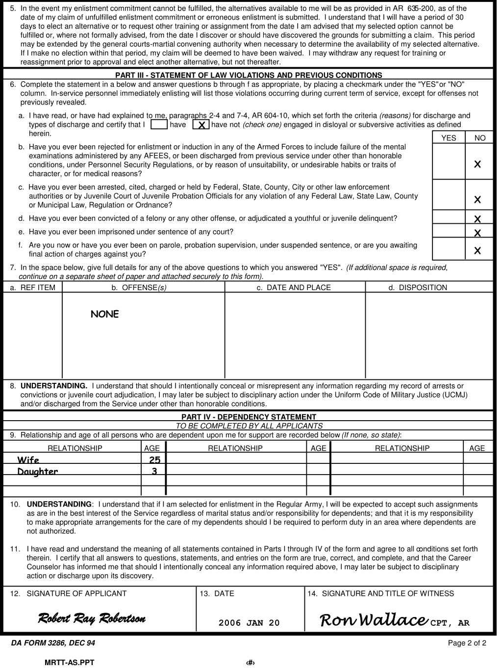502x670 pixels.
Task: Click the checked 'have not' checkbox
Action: (201, 125)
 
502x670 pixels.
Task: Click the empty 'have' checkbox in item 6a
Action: (159, 125)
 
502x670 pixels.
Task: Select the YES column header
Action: (449, 138)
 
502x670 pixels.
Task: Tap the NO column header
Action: (480, 138)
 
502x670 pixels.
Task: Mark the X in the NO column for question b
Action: (477, 164)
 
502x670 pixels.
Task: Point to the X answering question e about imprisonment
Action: (477, 233)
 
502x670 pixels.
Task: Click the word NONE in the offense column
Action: (105, 314)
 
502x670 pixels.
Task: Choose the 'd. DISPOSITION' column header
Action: (418, 288)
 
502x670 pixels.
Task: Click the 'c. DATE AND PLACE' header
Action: (294, 288)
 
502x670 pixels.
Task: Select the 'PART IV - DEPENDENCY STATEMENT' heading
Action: (249, 417)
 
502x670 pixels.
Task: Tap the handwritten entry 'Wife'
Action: (28, 460)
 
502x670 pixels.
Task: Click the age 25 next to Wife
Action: (154, 460)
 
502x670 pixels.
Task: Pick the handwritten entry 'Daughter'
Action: (38, 472)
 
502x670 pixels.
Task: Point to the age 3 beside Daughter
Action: (154, 471)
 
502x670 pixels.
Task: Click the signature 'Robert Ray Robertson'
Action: (92, 618)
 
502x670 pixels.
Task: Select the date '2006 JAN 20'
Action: (249, 623)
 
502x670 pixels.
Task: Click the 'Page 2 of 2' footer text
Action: (467, 643)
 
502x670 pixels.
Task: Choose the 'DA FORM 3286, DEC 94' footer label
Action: (53, 643)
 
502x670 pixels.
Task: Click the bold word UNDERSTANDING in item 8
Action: (54, 386)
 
